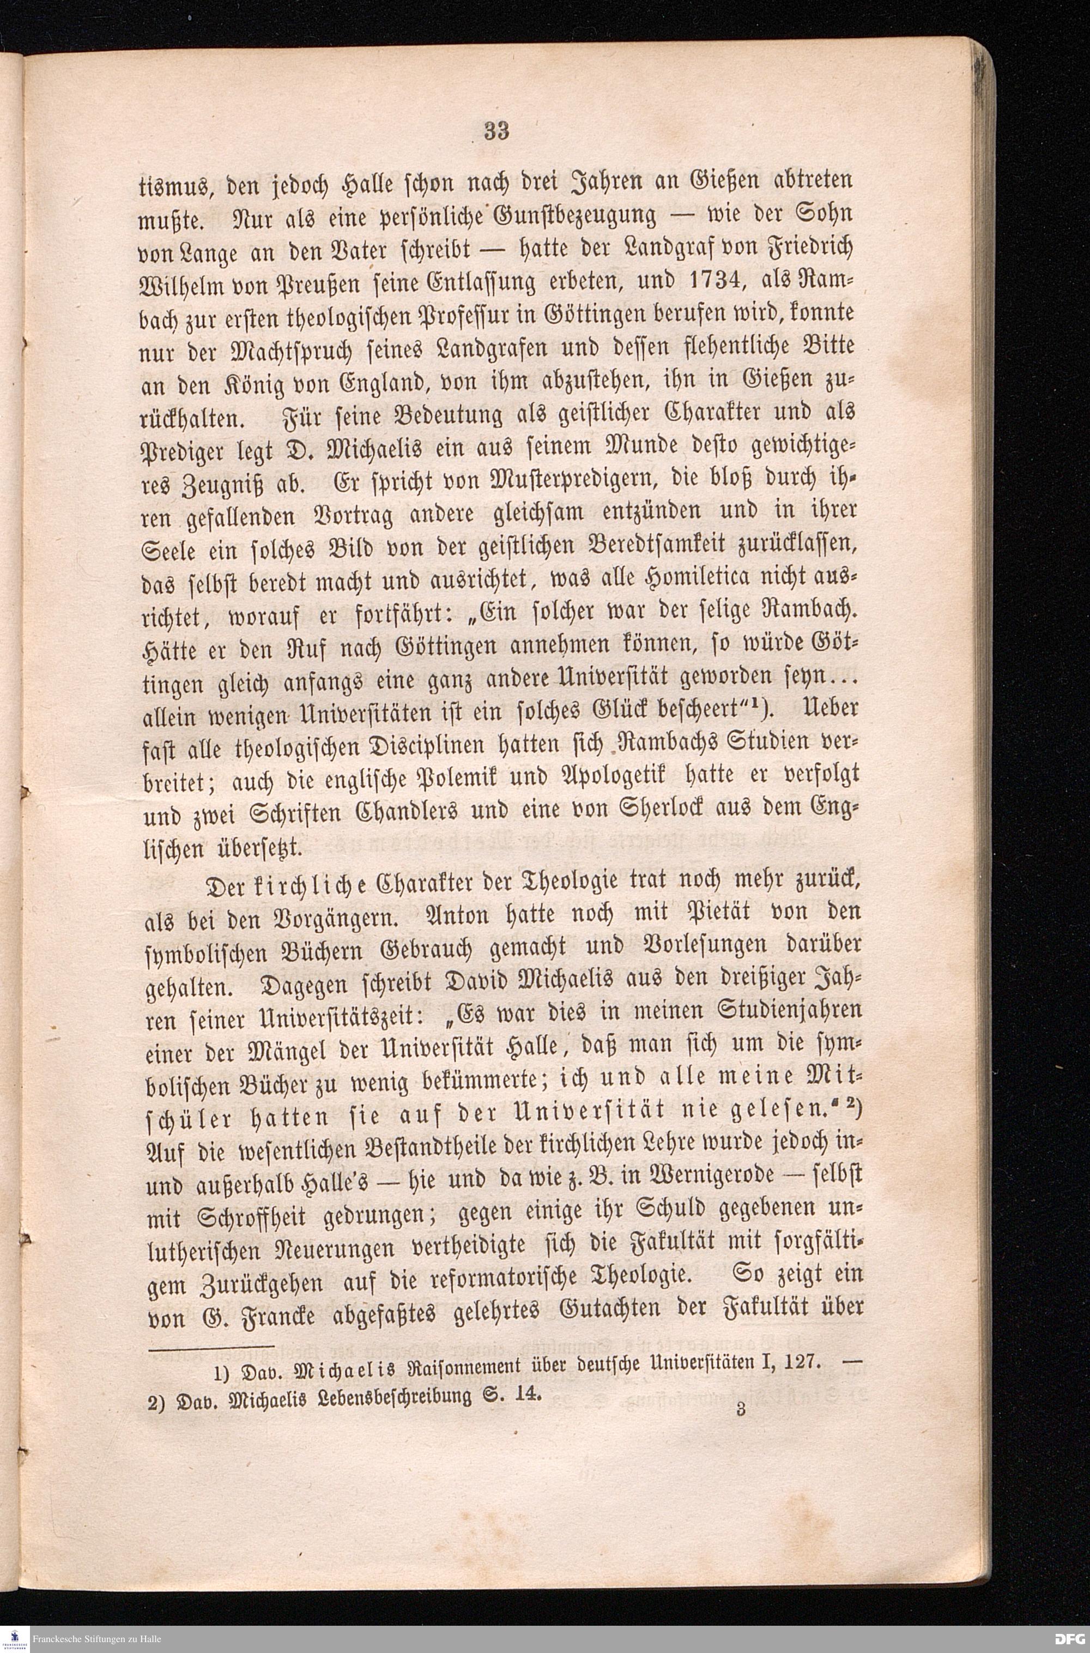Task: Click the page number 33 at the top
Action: point(498,130)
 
